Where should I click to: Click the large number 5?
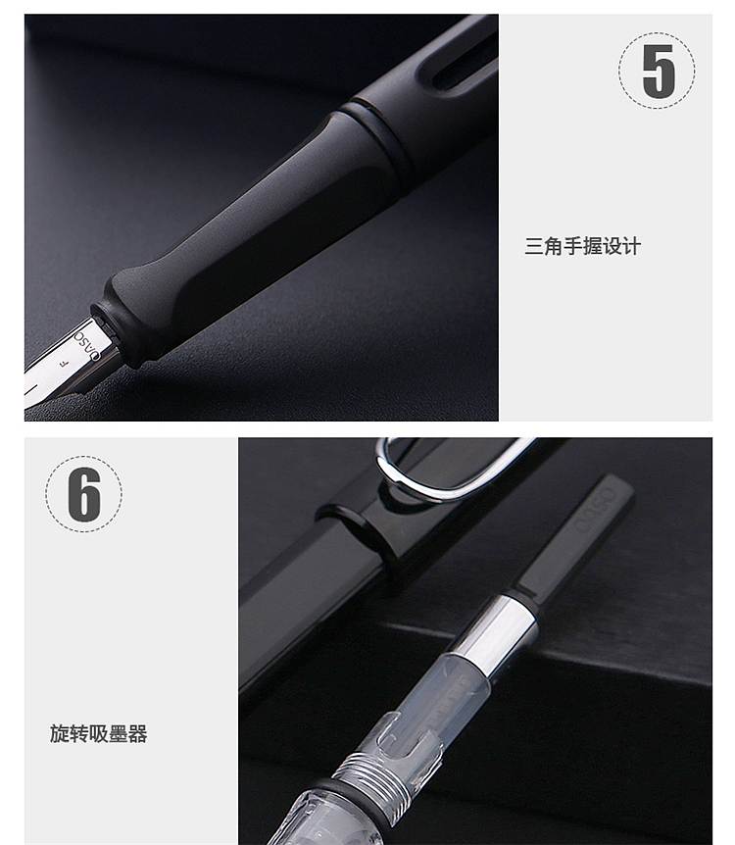(658, 72)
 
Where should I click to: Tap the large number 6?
(84, 494)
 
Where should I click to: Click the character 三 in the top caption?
(534, 246)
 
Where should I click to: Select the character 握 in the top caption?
(593, 246)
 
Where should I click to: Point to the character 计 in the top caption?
(631, 246)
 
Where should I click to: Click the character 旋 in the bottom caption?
(59, 733)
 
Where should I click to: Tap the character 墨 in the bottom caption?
(118, 733)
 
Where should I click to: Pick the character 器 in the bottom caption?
(137, 733)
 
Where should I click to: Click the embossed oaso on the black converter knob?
(597, 509)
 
